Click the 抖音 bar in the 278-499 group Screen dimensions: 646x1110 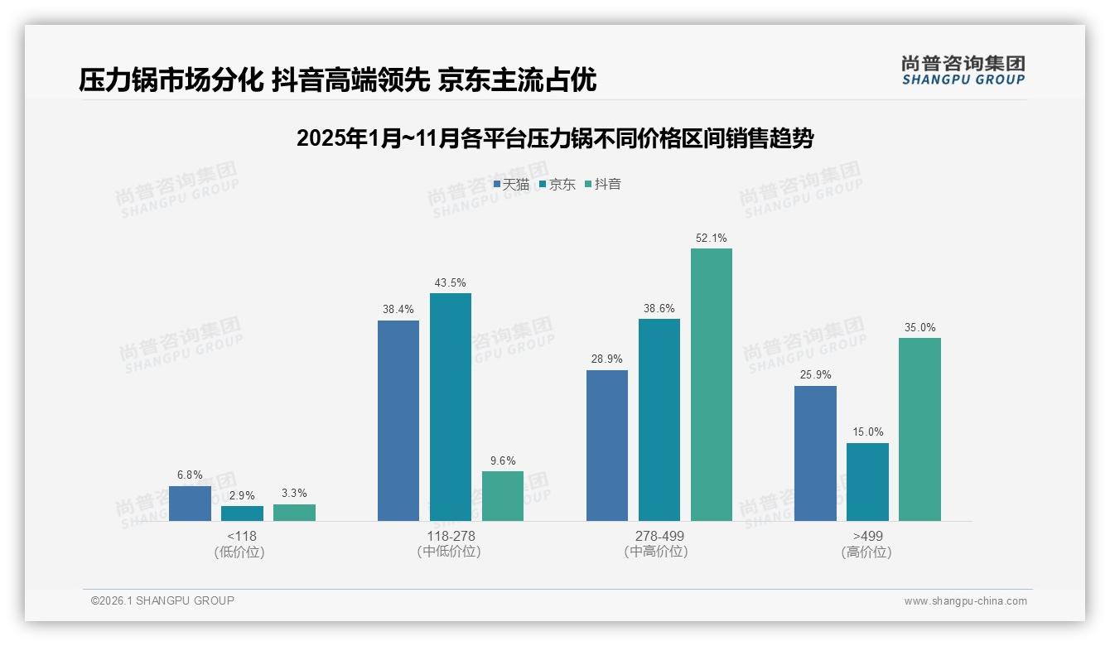pyautogui.click(x=712, y=384)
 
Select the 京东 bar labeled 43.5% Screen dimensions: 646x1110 pyautogui.click(x=451, y=407)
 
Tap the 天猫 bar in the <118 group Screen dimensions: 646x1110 pyautogui.click(x=190, y=504)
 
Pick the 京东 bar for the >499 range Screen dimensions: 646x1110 pyautogui.click(x=867, y=482)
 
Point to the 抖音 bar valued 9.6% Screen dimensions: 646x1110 pyautogui.click(x=503, y=496)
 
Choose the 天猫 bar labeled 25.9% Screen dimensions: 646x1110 pyautogui.click(x=815, y=453)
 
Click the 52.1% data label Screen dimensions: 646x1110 pyautogui.click(x=712, y=239)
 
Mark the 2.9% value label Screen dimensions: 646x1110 pyautogui.click(x=242, y=495)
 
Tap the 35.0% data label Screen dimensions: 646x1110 pyautogui.click(x=920, y=328)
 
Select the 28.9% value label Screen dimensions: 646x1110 pyautogui.click(x=607, y=359)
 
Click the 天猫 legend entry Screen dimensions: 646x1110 pyautogui.click(x=511, y=185)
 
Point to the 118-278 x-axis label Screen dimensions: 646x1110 pyautogui.click(x=451, y=537)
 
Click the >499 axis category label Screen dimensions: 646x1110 pyautogui.click(x=867, y=537)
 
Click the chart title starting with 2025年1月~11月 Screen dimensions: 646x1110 pyautogui.click(x=555, y=138)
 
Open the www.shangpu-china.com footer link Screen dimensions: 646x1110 pyautogui.click(x=965, y=601)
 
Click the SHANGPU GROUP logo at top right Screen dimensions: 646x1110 pyautogui.click(x=963, y=70)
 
